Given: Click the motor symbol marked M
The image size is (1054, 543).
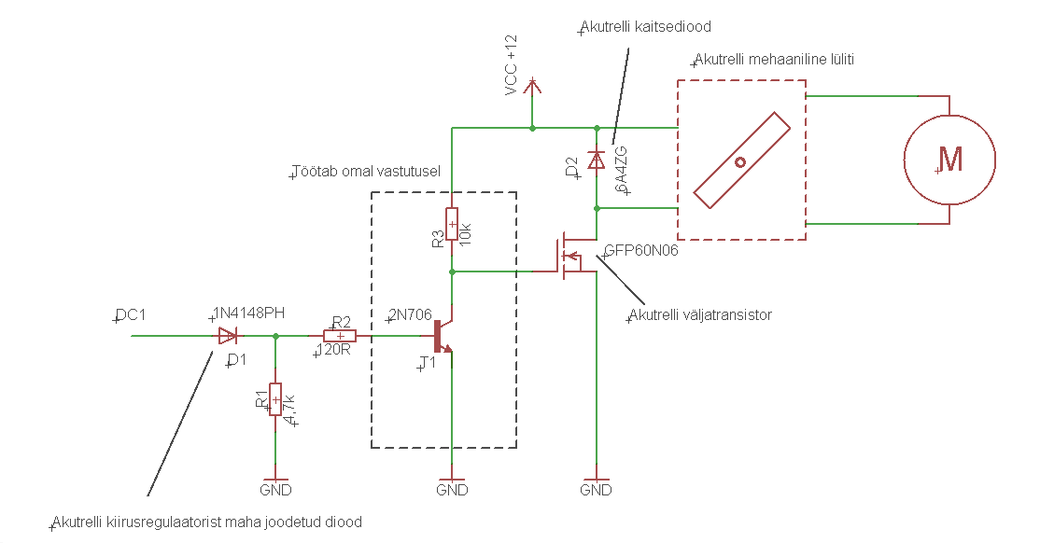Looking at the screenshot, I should coord(949,160).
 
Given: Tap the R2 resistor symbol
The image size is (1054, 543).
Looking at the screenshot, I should coord(340,336).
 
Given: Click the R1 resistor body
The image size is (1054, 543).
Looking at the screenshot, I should coord(274,398).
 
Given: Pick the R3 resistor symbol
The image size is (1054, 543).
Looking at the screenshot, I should coord(452,224).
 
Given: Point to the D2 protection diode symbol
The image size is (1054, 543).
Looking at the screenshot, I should coord(596,160).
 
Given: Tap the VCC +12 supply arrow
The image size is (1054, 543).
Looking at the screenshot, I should coord(532,87).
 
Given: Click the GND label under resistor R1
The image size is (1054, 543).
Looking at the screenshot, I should coord(274,490).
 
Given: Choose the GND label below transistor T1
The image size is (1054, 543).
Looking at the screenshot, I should coord(452,490).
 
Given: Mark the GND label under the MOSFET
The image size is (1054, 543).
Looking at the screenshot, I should coord(596,490).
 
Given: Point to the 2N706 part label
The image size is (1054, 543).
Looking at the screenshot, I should coord(410,315).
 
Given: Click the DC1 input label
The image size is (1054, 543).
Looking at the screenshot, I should coord(131,314).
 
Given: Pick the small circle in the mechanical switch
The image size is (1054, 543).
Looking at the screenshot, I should coord(740,161).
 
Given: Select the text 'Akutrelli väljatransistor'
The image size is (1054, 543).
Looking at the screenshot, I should coord(700,314).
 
